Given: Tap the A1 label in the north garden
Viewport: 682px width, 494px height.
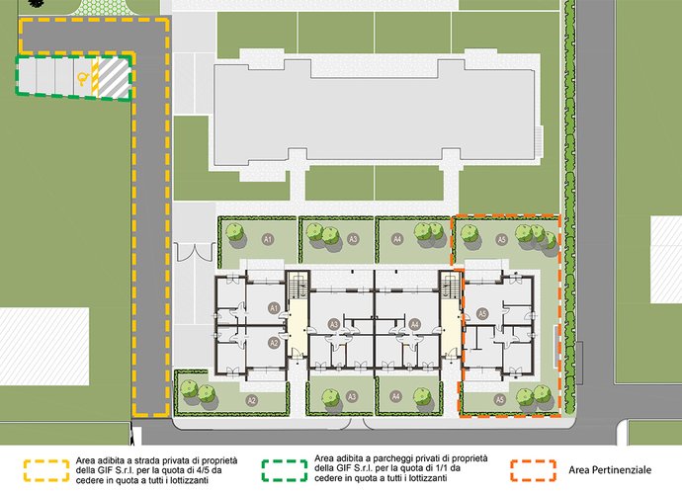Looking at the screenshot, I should tap(267, 239).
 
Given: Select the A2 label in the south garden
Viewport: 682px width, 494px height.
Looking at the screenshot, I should tap(252, 400).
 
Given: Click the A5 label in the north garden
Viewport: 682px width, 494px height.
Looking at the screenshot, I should tap(501, 239).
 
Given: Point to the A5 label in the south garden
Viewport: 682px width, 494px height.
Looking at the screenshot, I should tap(500, 399).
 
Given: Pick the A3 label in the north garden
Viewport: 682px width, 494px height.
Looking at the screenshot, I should tap(353, 239).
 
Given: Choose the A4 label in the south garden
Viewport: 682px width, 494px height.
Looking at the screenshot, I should tap(396, 397).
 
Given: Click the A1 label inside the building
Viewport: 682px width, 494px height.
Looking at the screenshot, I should tap(274, 308).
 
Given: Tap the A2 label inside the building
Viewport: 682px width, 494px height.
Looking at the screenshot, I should tap(274, 342).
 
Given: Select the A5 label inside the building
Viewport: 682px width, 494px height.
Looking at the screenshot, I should tap(482, 313).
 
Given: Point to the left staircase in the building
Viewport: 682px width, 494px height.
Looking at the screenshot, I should tap(295, 288).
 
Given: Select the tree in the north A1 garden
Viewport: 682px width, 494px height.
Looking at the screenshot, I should tap(236, 232).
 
